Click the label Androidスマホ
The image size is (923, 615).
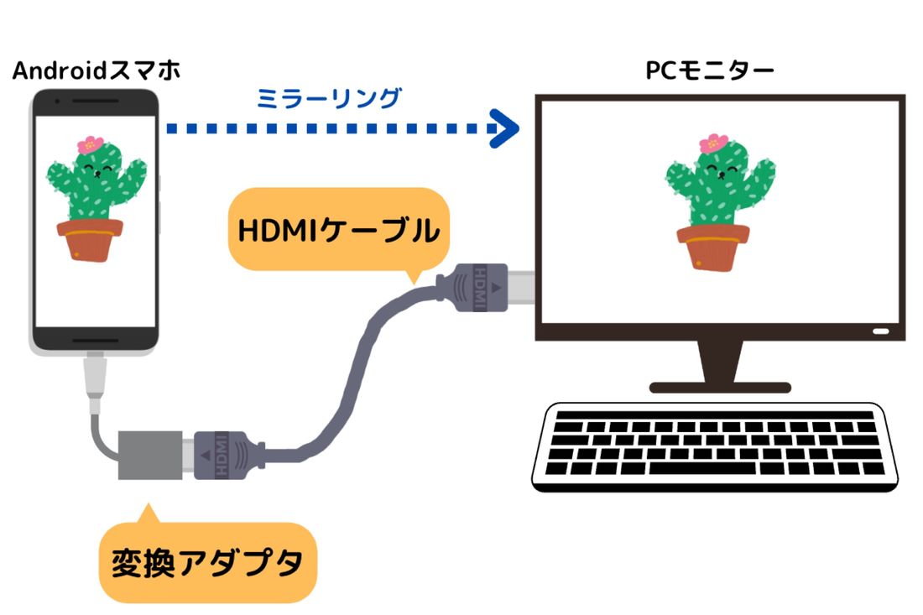[x=96, y=70]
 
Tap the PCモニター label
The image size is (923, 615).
[x=709, y=70]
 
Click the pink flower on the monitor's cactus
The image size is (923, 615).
[x=713, y=143]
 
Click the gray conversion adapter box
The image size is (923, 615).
[x=150, y=456]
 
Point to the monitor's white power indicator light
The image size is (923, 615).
[x=880, y=331]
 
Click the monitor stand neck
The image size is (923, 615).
[x=720, y=362]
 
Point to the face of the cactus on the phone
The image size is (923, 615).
[x=97, y=173]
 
